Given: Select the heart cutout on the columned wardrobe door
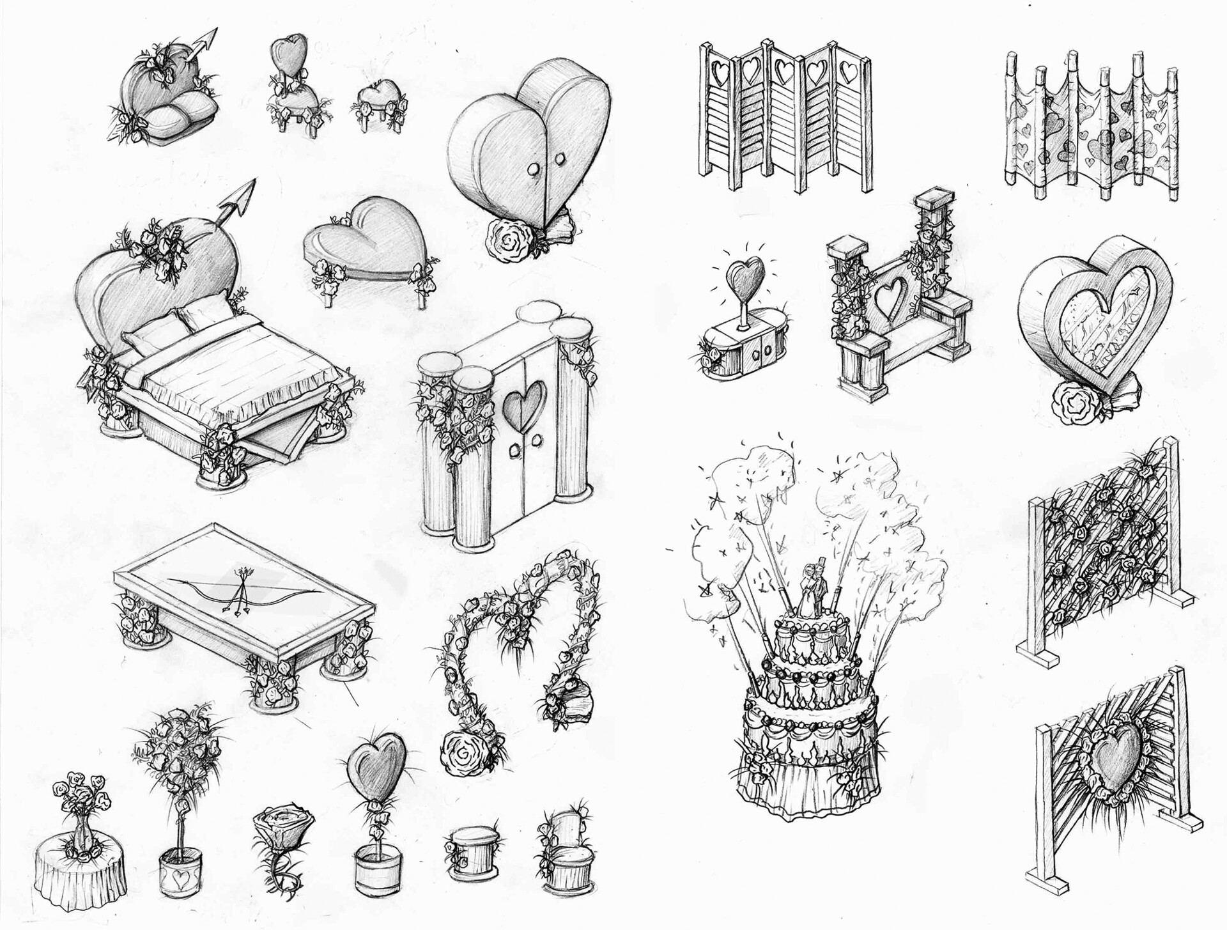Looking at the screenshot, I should (x=525, y=403).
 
